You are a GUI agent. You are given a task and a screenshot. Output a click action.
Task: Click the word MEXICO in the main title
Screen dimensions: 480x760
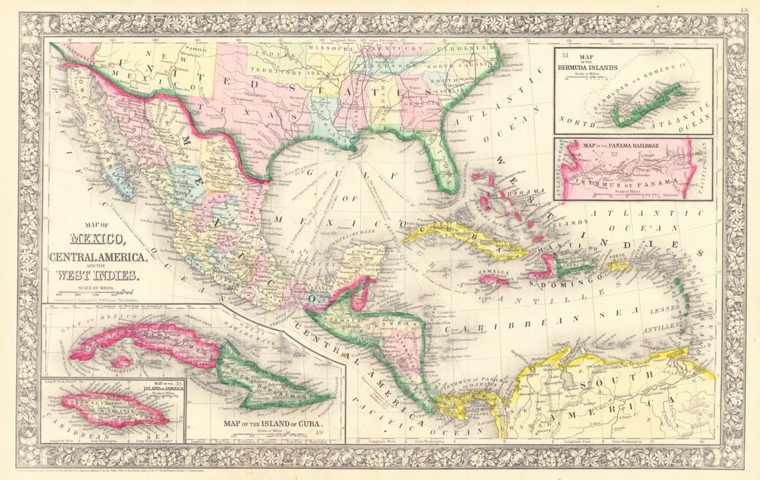point(96,241)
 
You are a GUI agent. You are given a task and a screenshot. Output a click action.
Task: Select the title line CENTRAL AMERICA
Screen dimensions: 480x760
point(97,257)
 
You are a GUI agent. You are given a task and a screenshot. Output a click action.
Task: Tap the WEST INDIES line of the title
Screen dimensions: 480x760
point(98,273)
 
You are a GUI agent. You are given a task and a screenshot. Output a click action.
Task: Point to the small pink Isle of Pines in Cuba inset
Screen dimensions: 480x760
point(122,362)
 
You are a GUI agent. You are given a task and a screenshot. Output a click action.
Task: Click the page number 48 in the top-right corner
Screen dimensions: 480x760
point(743,9)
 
